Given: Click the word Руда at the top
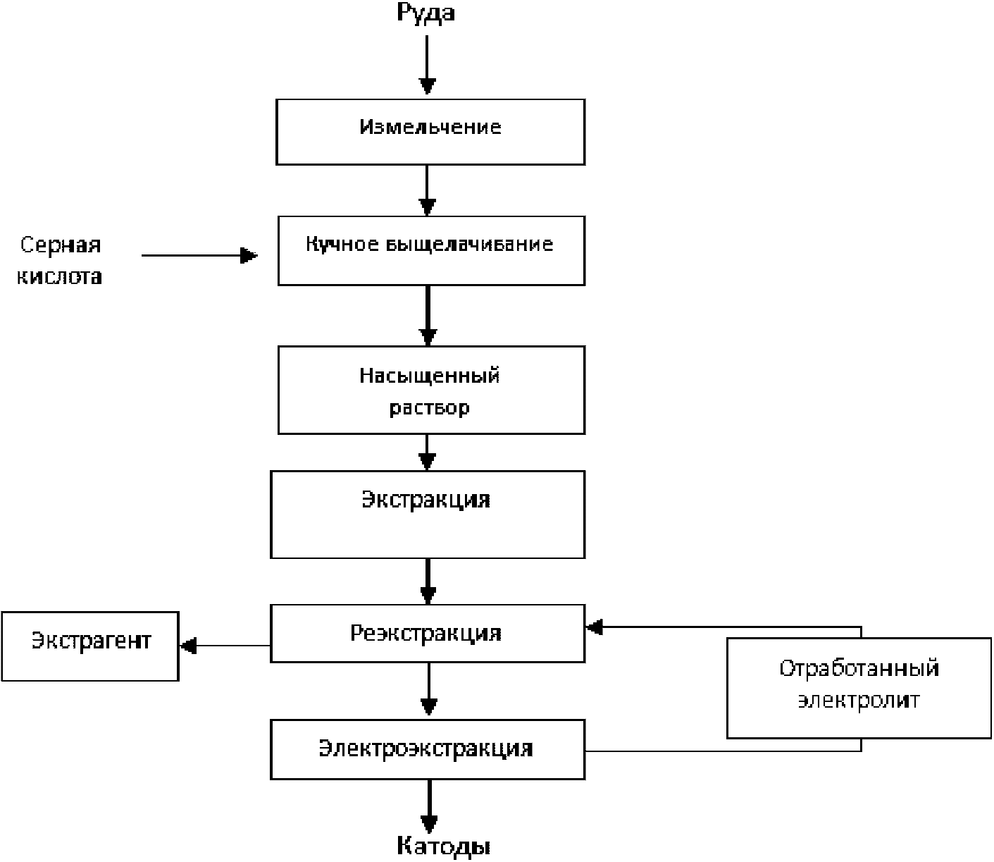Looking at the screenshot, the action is (x=425, y=13).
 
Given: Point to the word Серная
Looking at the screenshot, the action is (x=61, y=245).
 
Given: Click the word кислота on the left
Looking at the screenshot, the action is (x=60, y=276).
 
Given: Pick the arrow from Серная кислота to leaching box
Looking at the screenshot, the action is (x=199, y=255).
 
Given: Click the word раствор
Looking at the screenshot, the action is (x=429, y=408).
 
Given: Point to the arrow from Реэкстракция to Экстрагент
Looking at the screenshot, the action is (x=225, y=646).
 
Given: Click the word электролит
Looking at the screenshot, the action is (x=859, y=700).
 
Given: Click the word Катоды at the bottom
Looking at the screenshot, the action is (x=443, y=845).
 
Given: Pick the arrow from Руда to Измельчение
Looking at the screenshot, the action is (x=427, y=65).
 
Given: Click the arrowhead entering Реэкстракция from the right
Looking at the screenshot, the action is (x=595, y=627).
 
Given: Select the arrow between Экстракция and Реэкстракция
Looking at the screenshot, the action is (x=428, y=581).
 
